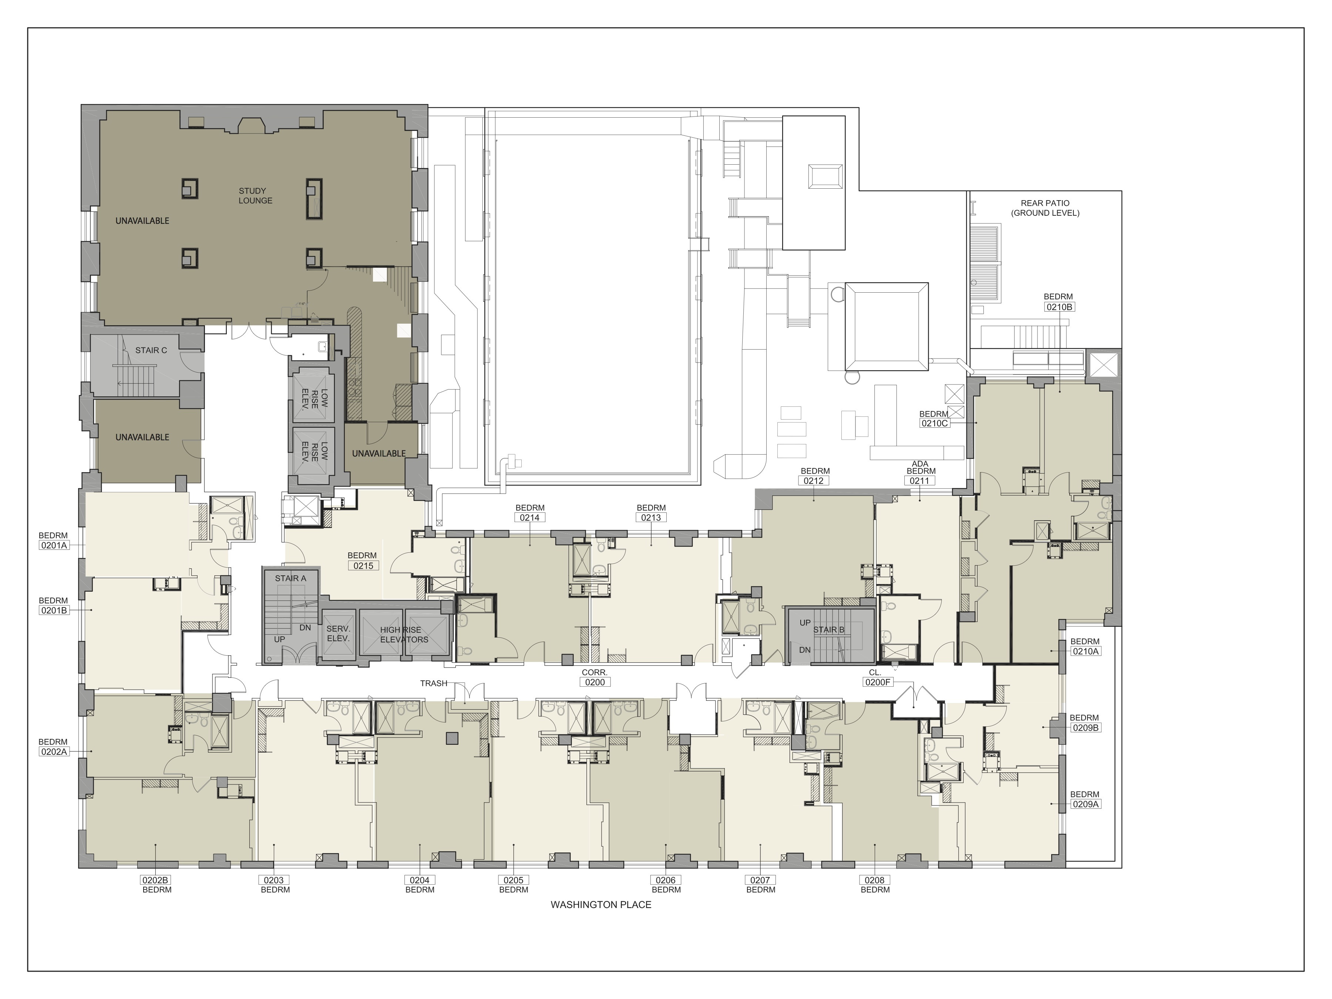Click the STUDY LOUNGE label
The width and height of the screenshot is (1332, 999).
255,196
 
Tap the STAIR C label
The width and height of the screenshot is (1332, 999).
151,350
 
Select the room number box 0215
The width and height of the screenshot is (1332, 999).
363,565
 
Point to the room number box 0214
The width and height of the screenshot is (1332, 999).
530,517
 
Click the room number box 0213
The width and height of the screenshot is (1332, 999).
651,517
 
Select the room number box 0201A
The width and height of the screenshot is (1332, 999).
54,546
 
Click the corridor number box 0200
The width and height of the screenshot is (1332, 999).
595,682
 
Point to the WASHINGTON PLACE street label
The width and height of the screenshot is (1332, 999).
601,904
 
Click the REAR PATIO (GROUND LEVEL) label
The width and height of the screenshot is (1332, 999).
1045,208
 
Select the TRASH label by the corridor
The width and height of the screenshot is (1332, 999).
434,683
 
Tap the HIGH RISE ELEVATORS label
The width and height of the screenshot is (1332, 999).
404,635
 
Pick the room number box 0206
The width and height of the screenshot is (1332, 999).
666,880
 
